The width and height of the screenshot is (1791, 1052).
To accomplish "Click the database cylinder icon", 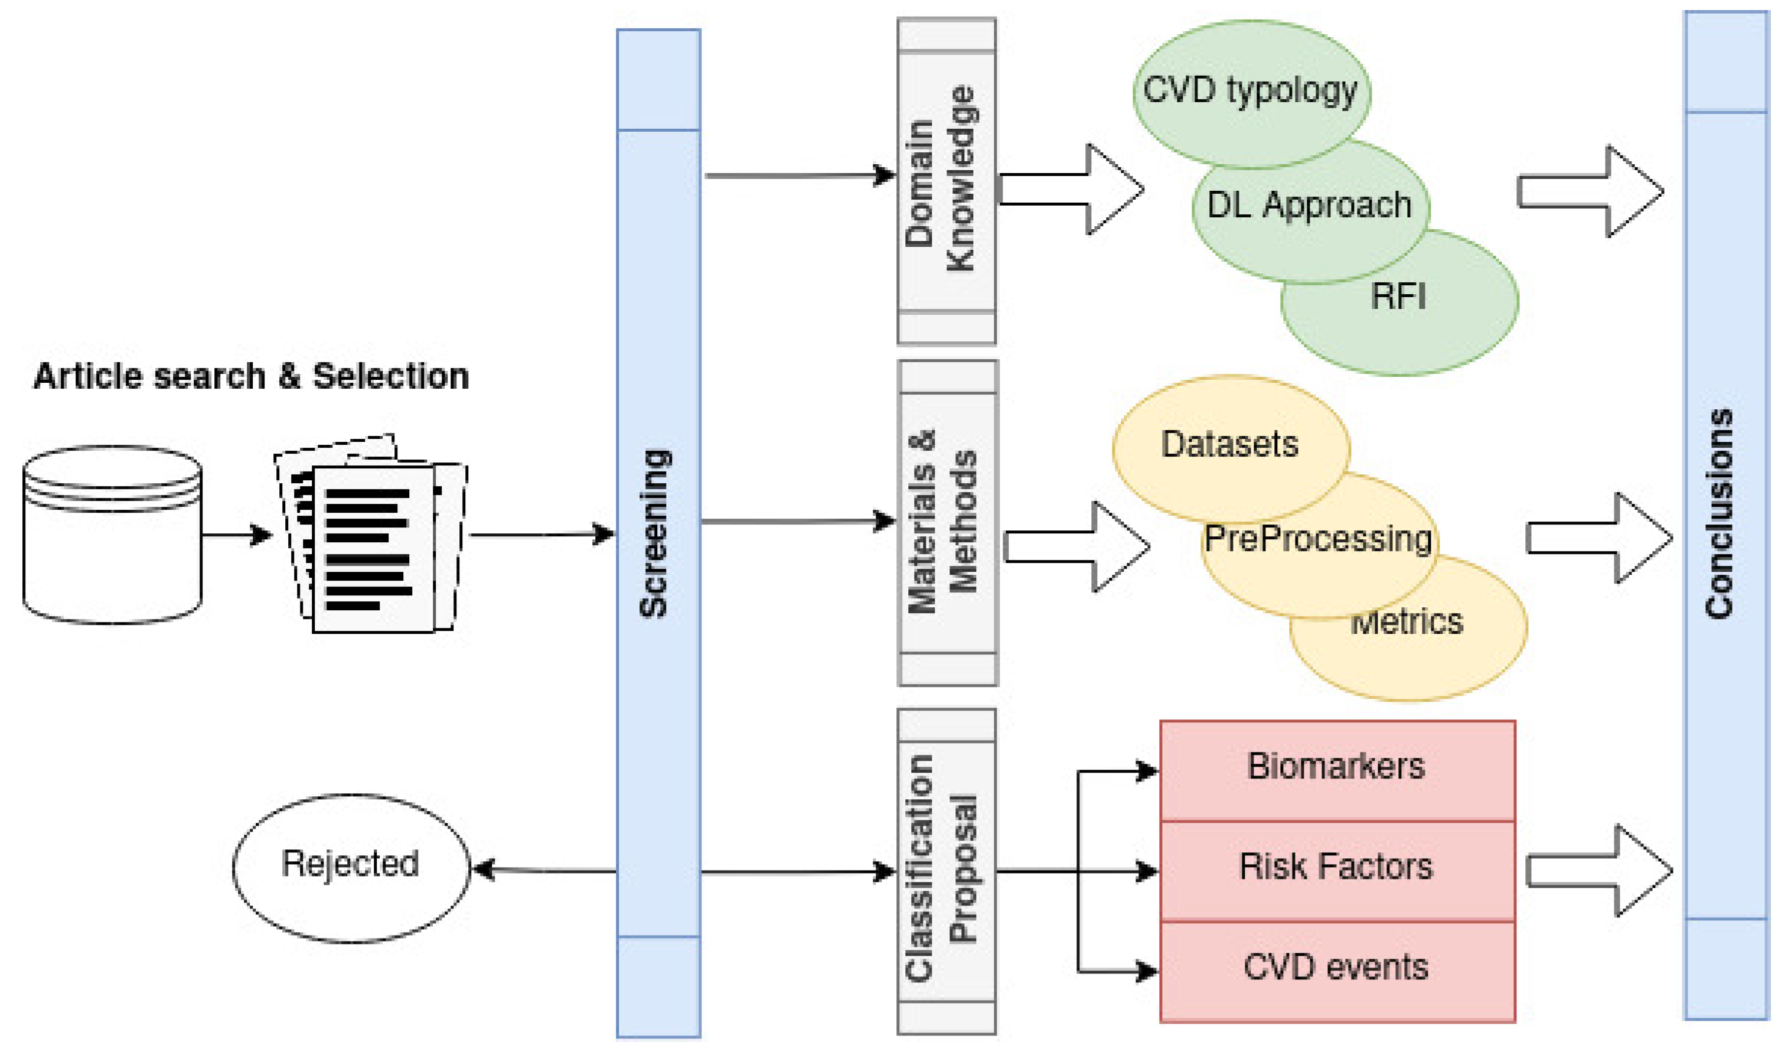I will click(112, 535).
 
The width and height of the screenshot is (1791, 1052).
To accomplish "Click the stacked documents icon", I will click(371, 535).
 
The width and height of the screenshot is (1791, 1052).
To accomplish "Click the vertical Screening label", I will click(654, 533).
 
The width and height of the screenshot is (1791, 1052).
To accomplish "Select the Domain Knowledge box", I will click(946, 181).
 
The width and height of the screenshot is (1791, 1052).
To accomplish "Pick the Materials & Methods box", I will click(947, 522).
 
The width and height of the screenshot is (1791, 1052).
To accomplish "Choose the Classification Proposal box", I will click(946, 871).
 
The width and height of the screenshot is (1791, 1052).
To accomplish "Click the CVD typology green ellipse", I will click(1251, 91).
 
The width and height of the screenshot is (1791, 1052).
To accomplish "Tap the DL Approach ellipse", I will click(1309, 206).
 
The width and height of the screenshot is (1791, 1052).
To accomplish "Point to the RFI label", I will click(1397, 297).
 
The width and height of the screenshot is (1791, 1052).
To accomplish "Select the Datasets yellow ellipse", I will click(1229, 444).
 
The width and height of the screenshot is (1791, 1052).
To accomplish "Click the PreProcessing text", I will click(1317, 539).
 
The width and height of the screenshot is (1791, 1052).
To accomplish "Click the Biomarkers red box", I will click(1336, 768).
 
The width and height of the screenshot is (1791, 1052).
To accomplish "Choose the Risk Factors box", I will click(1336, 868).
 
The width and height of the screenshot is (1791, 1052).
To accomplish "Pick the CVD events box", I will click(1336, 968).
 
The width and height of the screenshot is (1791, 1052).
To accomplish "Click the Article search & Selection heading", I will click(252, 376).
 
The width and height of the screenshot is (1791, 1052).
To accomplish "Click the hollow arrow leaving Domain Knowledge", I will click(1073, 190).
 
